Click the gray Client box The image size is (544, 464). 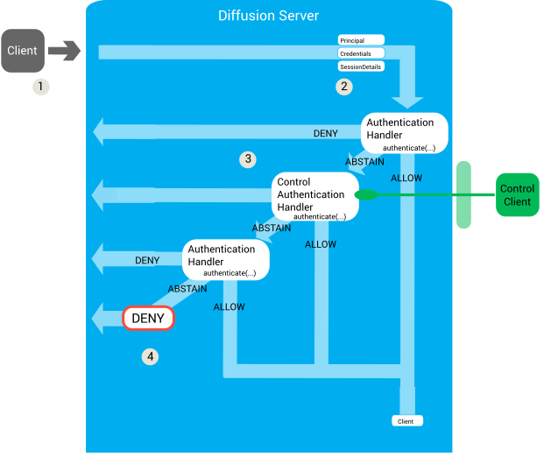click(x=23, y=51)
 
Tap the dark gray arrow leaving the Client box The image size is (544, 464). click(x=64, y=52)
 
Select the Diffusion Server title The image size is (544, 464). click(x=268, y=16)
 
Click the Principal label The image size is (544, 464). click(x=361, y=40)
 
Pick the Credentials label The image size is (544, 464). click(x=361, y=53)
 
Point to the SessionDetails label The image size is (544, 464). click(x=361, y=67)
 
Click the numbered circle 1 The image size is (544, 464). click(x=39, y=87)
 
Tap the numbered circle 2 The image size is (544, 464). click(x=344, y=87)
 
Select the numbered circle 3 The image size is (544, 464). click(x=249, y=159)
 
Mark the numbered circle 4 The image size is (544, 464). click(x=152, y=356)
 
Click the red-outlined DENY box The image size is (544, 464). click(x=148, y=319)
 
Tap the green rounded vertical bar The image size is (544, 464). click(x=463, y=194)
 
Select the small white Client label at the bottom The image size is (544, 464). click(x=406, y=421)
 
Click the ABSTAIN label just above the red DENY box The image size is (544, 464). click(x=187, y=289)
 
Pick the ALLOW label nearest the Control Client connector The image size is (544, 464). click(x=406, y=179)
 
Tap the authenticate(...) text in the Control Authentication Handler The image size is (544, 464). click(x=319, y=216)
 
